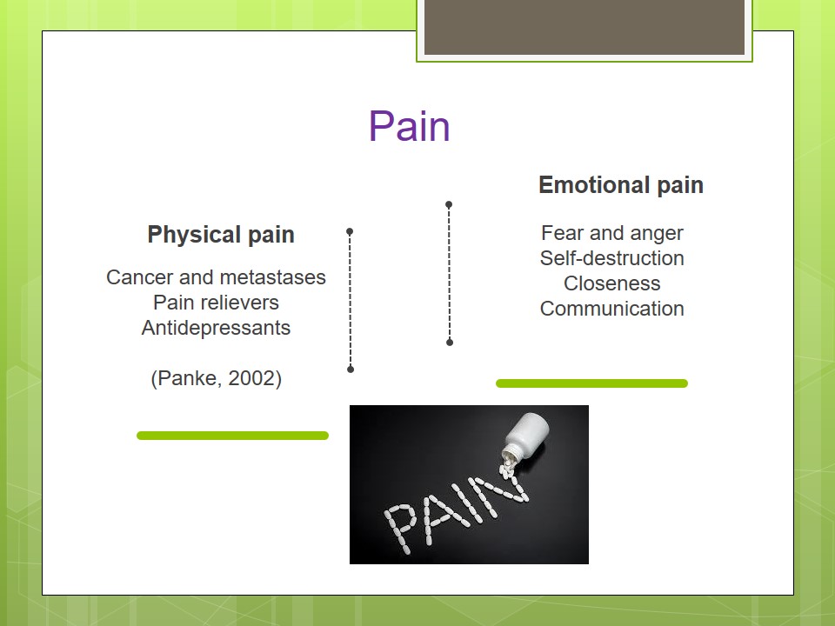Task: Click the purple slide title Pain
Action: coord(409,127)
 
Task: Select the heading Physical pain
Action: coord(221,235)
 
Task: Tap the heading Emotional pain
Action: coord(620,185)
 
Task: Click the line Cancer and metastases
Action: coord(216,277)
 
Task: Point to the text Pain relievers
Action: coord(216,303)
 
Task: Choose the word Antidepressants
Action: coord(216,328)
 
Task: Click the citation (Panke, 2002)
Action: coord(216,379)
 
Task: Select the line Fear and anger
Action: coord(611,233)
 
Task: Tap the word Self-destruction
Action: coord(611,258)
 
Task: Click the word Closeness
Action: coord(611,283)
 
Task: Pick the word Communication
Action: coord(611,309)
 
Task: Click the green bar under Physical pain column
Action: coord(232,436)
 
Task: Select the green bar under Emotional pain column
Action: coord(591,383)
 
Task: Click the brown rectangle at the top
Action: coord(584,26)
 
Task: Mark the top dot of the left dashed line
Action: coord(350,232)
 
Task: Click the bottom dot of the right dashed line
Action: coord(450,343)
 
